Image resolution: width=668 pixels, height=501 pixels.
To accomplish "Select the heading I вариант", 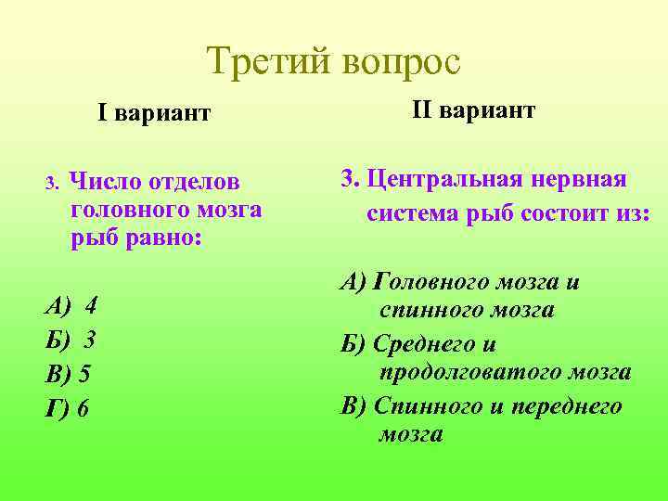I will pos(155,113).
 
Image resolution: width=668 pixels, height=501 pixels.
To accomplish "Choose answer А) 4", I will pos(71,305).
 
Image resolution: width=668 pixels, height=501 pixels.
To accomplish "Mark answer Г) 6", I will pos(67,407).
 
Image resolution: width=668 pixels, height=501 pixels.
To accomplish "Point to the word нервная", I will pos(584,178).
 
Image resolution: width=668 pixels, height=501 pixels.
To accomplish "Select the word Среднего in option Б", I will pos(422,344).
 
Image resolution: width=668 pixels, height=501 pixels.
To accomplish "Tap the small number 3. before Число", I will pos(53,180).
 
